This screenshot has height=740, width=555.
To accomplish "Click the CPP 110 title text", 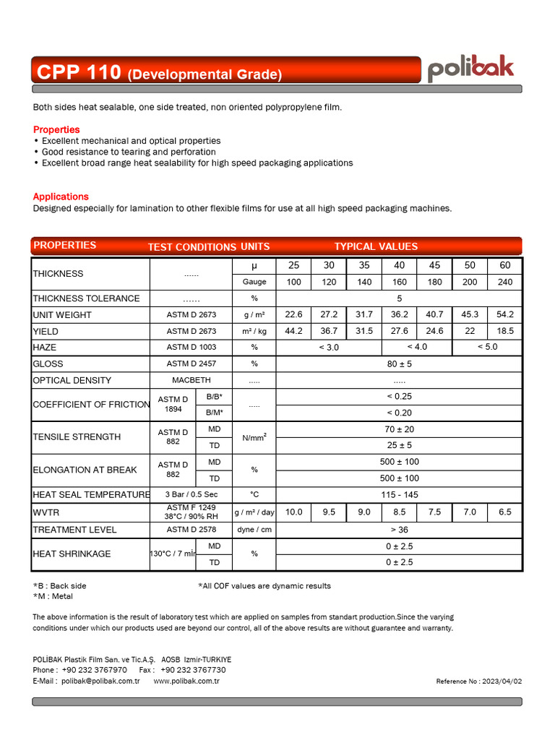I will [x=79, y=72].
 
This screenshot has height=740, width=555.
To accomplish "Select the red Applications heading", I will [x=61, y=197].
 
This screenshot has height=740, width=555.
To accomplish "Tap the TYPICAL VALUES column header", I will [x=376, y=246].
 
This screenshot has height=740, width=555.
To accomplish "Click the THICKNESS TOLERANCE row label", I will [x=86, y=298].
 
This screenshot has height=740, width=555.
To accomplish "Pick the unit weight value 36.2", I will [x=400, y=315].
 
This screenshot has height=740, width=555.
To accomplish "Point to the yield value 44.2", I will [x=293, y=332].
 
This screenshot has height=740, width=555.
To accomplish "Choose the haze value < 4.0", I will [x=417, y=348].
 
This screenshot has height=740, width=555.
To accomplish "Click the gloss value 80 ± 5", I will [x=399, y=364].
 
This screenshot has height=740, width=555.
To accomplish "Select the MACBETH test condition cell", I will [x=191, y=380].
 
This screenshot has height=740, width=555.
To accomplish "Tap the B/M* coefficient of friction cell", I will [x=215, y=413].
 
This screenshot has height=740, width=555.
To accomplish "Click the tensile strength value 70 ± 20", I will [x=399, y=429].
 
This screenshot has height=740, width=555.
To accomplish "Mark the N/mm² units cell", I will [x=254, y=437].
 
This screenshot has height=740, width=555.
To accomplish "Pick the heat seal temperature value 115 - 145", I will [x=399, y=495].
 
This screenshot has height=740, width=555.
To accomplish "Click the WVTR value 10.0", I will [x=293, y=512].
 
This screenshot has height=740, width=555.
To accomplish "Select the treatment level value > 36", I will [x=399, y=530].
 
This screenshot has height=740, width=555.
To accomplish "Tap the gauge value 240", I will [x=504, y=283].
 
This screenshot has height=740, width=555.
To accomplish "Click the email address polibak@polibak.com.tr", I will [x=100, y=681].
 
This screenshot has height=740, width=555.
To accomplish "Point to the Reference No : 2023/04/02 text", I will [x=478, y=681].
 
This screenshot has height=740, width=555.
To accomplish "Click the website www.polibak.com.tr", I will [x=186, y=681].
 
